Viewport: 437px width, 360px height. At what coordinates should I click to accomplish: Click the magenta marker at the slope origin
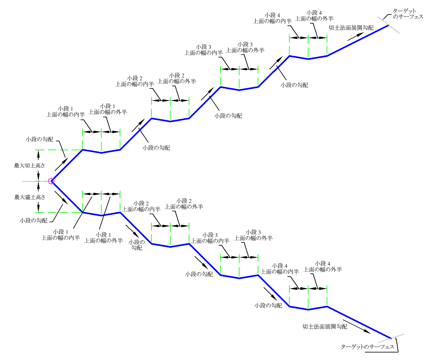pos(51,181)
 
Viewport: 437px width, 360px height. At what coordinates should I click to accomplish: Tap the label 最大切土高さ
pos(29,166)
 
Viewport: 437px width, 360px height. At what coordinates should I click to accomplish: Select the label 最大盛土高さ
pos(30,197)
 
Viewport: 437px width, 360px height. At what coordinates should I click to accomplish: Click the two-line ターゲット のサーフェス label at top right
pos(408,14)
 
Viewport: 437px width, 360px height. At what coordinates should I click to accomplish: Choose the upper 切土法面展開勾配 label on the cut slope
pos(351,28)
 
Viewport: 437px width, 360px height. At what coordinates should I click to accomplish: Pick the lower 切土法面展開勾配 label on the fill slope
pos(325,326)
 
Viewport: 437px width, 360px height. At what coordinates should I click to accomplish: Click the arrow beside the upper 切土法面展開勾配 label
pos(355,36)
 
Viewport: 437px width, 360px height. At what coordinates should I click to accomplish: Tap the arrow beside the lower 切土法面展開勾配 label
pos(357,326)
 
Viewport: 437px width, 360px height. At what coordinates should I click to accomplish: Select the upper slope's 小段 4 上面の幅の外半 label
pos(314,16)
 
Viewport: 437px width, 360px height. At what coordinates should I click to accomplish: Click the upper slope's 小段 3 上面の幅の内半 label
pos(203,50)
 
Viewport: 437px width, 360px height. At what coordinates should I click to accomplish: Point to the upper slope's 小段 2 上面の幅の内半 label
pos(134,81)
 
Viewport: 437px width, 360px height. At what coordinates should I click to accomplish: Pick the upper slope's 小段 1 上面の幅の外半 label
pos(108,109)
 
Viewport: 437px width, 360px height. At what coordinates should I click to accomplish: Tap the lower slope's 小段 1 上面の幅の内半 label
pos(61,235)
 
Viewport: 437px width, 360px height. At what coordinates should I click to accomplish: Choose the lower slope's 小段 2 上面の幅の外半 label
pos(184,204)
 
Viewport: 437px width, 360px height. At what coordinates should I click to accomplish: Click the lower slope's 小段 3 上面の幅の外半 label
pos(253,235)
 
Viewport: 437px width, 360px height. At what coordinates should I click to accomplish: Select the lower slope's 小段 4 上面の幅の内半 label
pos(280,269)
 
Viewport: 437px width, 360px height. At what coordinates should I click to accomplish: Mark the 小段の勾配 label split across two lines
pos(137,245)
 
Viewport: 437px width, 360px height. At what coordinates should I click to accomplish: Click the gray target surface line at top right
pos(389,25)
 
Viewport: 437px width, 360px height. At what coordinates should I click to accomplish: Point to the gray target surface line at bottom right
pos(391,338)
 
